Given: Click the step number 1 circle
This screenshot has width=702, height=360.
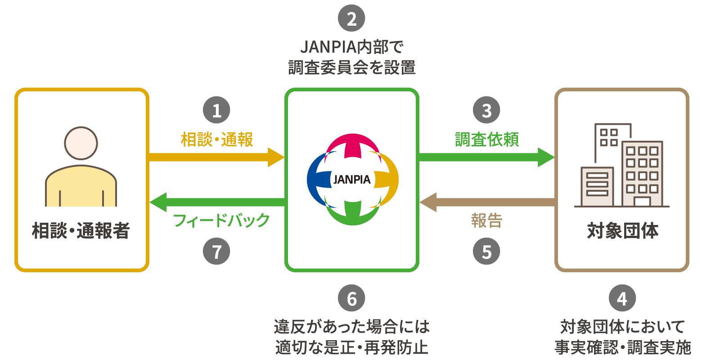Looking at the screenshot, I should click(216, 110).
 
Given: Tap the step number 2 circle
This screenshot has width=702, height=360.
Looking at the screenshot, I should click(351, 18).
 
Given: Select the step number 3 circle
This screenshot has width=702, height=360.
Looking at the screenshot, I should click(486, 110).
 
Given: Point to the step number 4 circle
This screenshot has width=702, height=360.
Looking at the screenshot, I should click(622, 299).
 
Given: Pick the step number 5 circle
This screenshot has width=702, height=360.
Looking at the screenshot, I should click(486, 252).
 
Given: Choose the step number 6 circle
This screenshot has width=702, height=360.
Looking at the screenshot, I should click(351, 299).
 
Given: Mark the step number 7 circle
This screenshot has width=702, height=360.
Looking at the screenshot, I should click(216, 252).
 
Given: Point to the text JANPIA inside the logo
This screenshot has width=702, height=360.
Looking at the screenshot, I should click(352, 180).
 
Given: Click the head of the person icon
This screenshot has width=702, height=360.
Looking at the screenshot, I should click(81, 143).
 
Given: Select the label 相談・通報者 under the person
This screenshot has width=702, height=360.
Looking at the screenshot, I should click(81, 231).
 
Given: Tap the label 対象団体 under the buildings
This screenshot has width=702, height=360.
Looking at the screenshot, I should click(622, 231).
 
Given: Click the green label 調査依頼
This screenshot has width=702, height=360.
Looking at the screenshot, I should click(487, 139).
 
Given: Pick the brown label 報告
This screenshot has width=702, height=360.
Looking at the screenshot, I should click(486, 221).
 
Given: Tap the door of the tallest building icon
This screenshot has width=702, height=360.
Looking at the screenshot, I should click(642, 202).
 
